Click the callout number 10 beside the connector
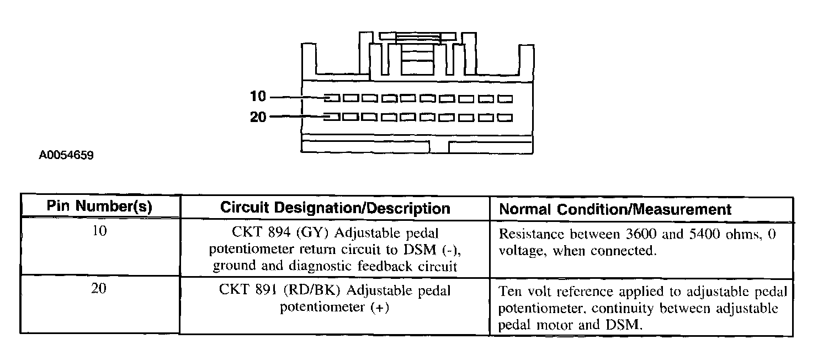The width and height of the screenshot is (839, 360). click(x=257, y=97)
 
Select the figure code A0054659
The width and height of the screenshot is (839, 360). click(x=66, y=156)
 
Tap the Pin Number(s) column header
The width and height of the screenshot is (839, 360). click(x=99, y=207)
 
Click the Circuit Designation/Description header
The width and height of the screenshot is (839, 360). click(x=335, y=208)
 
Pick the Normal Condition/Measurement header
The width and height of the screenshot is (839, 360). click(x=615, y=209)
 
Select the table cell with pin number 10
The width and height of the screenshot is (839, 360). click(x=99, y=231)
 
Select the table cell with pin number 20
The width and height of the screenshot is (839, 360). click(x=99, y=289)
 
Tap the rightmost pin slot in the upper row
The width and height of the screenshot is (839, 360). click(x=505, y=99)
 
